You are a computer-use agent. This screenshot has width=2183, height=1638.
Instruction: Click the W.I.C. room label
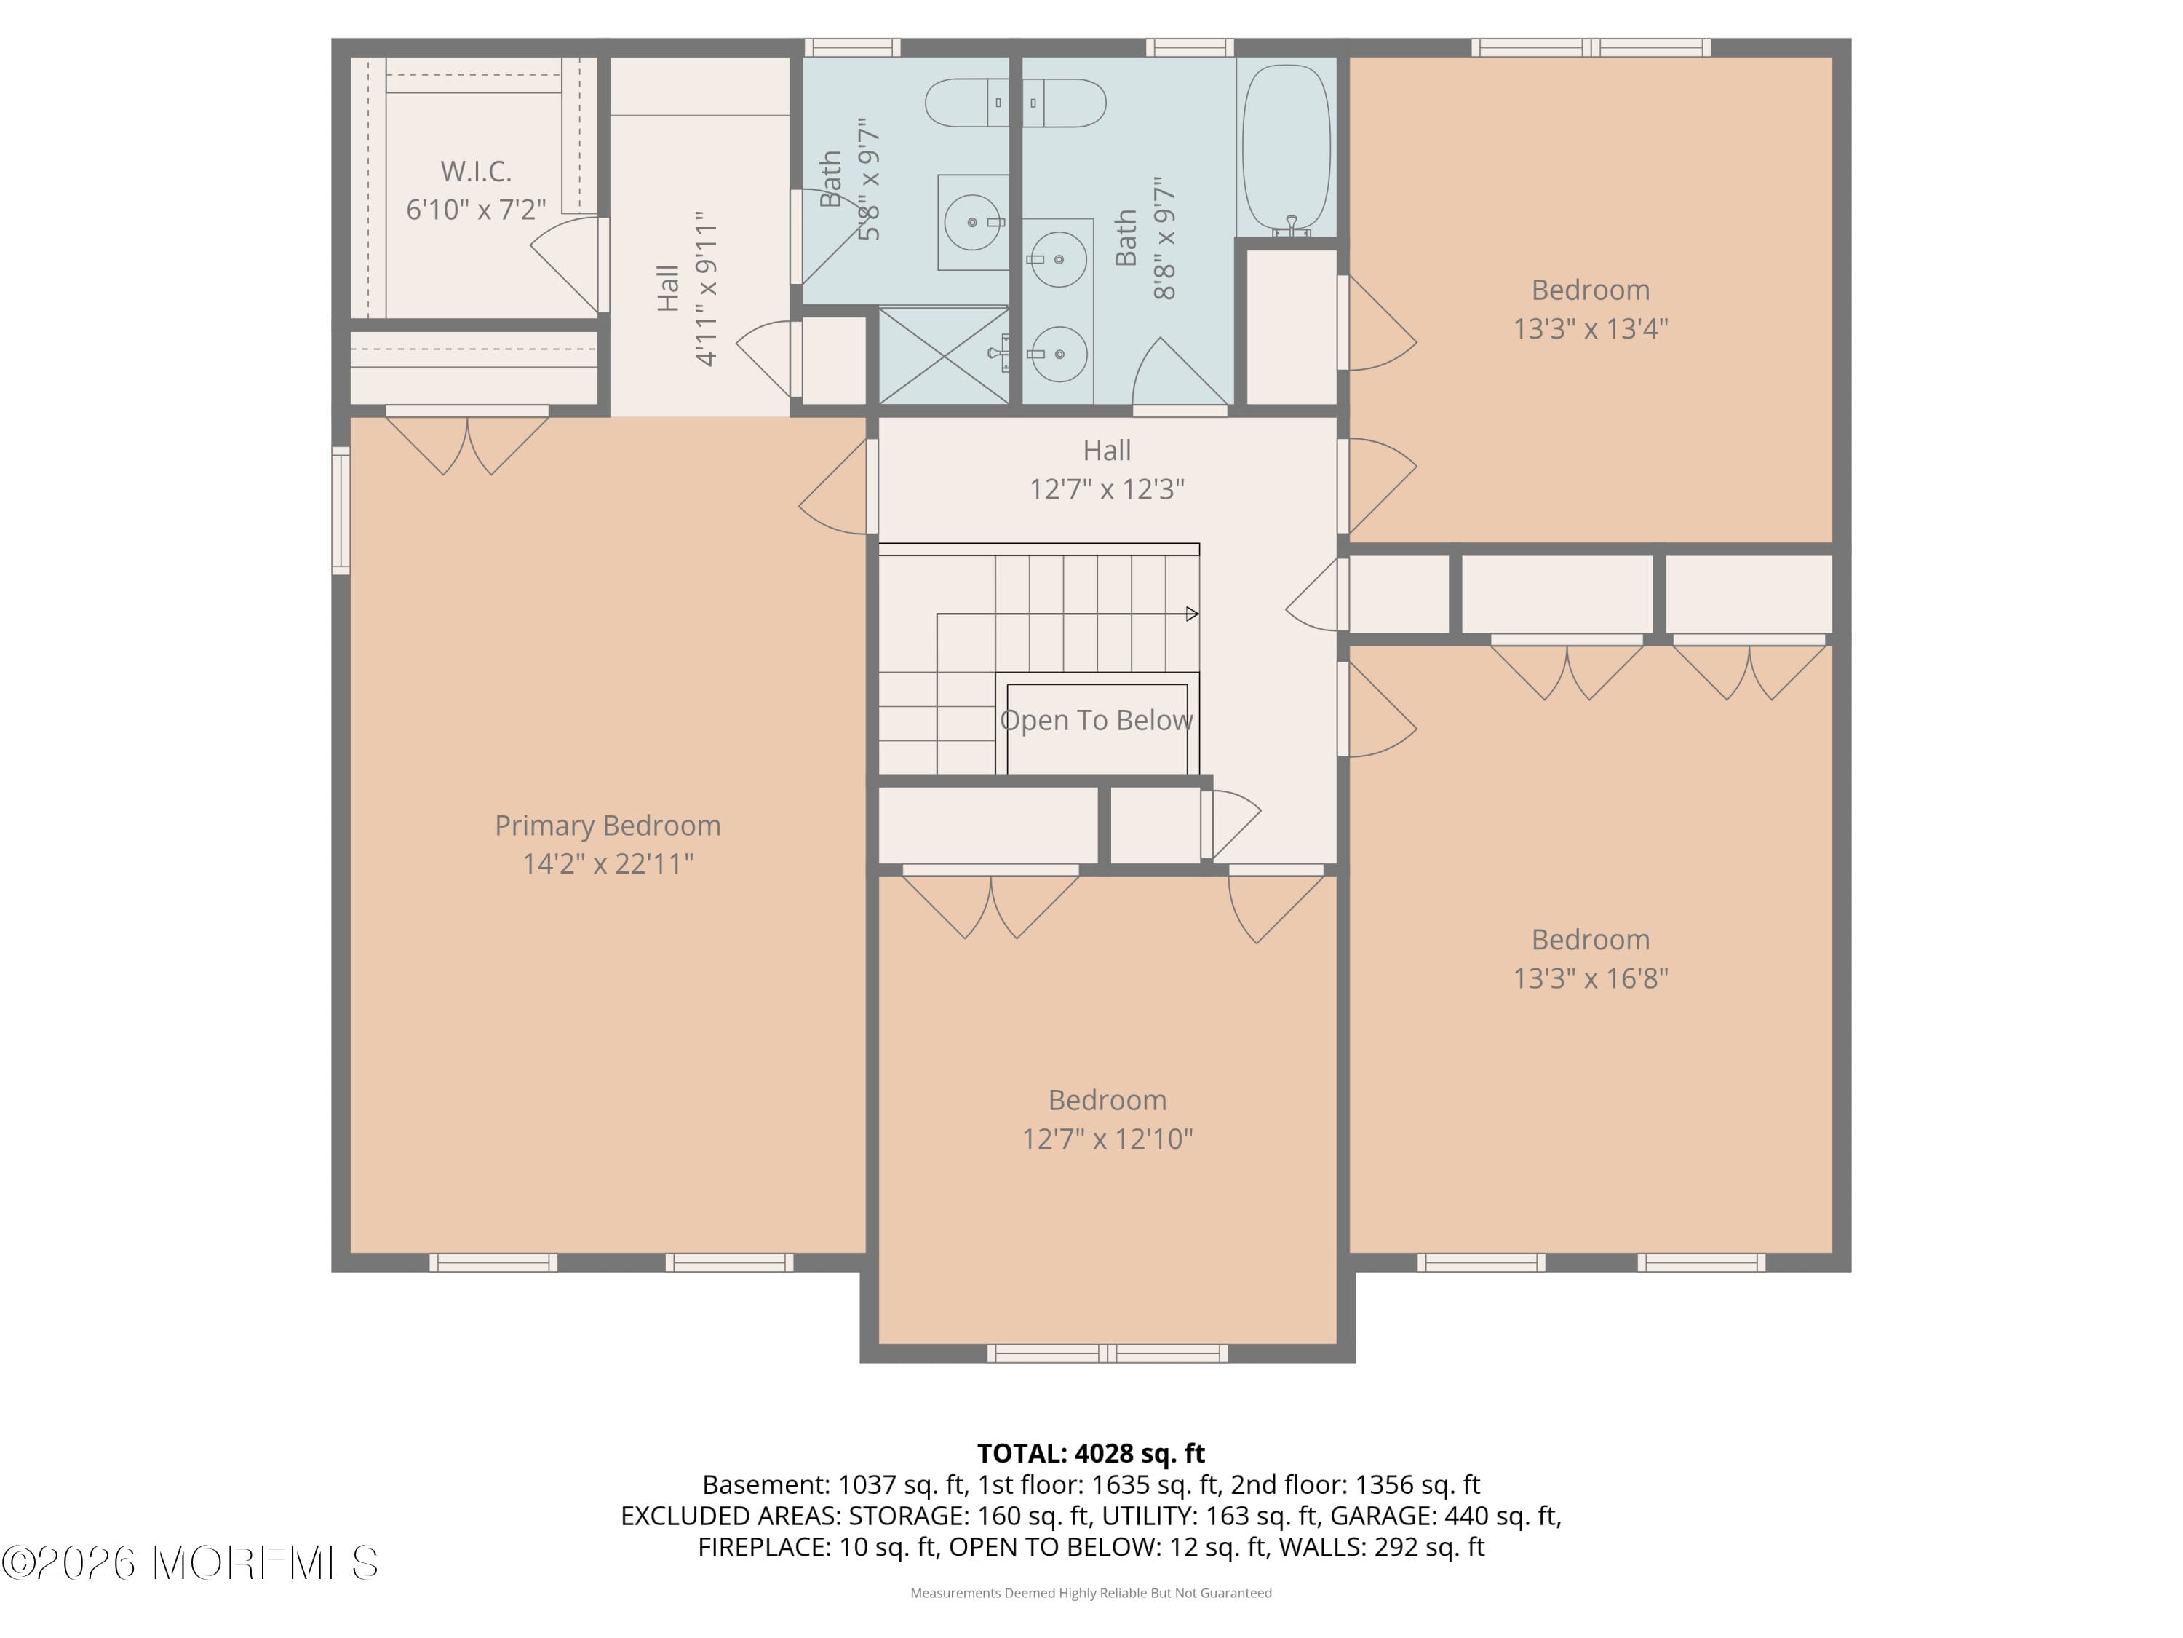476,171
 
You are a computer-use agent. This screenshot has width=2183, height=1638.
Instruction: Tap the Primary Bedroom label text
607,826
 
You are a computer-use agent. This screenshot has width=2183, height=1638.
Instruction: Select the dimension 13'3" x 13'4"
1590,329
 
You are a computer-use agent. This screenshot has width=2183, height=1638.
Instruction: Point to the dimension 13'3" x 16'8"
1590,978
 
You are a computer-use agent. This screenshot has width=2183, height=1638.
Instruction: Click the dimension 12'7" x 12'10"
1106,1139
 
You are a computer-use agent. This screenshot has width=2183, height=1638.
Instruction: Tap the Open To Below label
1095,721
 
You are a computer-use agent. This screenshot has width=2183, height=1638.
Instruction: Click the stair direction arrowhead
1192,614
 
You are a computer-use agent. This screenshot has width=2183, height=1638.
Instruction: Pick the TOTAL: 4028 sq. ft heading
1091,1453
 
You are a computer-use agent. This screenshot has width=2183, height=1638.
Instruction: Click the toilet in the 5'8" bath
965,103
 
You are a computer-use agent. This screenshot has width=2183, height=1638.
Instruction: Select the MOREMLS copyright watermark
189,1563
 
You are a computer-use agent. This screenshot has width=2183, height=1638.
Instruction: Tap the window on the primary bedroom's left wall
341,510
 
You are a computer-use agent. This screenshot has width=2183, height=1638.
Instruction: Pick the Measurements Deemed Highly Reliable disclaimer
1091,1593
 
